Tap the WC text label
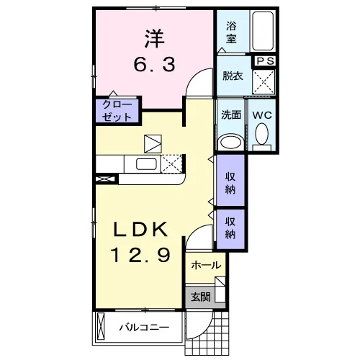tap(262, 115)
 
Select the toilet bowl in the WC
tap(261, 134)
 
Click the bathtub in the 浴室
tap(263, 30)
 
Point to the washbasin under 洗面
tap(230, 142)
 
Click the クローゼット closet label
tap(117, 111)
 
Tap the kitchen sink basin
tap(146, 164)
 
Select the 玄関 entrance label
tap(200, 297)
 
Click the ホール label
tap(206, 265)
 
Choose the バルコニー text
tap(144, 328)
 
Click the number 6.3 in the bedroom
tap(154, 64)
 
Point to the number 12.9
tap(140, 255)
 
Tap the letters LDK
tap(140, 230)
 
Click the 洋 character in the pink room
tap(154, 38)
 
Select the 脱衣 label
tap(233, 76)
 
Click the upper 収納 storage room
tap(230, 180)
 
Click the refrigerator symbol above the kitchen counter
tap(153, 144)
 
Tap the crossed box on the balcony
tap(101, 326)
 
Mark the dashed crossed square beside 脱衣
tap(264, 82)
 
